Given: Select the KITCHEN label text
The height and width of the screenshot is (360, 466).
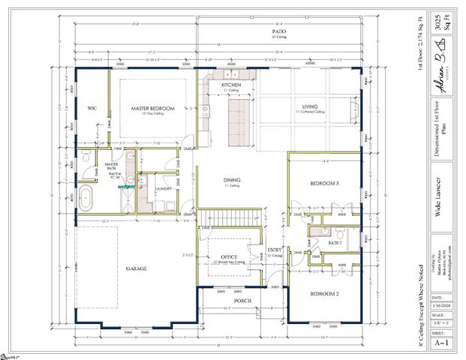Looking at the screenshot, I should [230, 85].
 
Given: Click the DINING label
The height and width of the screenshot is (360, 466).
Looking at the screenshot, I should [232, 180].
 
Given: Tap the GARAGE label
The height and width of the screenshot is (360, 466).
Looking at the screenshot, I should [135, 268].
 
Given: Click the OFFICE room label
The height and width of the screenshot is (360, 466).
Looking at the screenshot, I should [228, 257].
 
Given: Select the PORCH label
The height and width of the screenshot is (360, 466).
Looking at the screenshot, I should [242, 300].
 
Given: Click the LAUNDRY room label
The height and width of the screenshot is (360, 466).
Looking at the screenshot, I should [164, 188].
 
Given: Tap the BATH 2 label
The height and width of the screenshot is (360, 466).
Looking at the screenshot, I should [335, 243].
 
